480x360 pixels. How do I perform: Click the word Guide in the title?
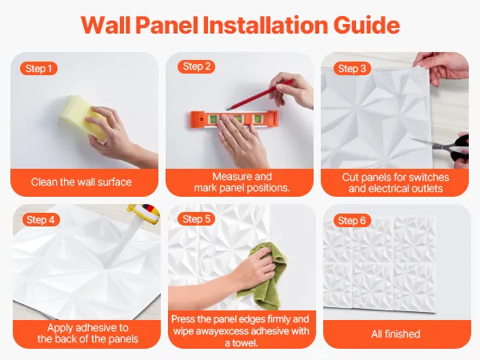(x=366, y=25)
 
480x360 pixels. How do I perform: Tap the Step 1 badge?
(x=38, y=69)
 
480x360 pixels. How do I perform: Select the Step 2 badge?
(x=197, y=66)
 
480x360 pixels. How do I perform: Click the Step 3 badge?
(x=352, y=68)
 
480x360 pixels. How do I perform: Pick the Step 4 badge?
(x=41, y=219)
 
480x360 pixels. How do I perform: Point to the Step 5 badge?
(x=196, y=219)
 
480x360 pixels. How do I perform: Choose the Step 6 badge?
(x=352, y=221)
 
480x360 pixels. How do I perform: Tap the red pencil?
(x=259, y=94)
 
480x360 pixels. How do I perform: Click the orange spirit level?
(x=234, y=118)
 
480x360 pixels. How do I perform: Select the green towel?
(x=262, y=275)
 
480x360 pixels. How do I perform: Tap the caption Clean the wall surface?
(x=81, y=182)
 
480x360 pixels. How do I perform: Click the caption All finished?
(x=395, y=334)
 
